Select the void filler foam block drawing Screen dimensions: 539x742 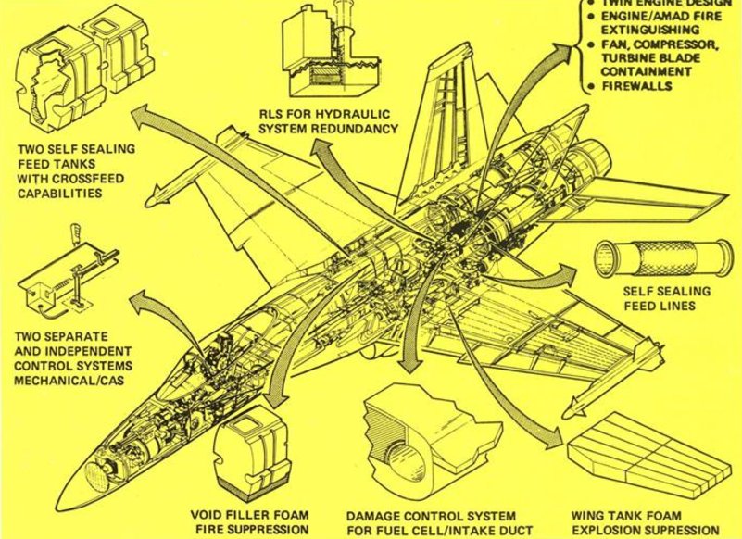click(249, 456)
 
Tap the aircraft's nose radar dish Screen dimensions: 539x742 click(92, 480)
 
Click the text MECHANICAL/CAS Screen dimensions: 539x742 click(70, 379)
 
